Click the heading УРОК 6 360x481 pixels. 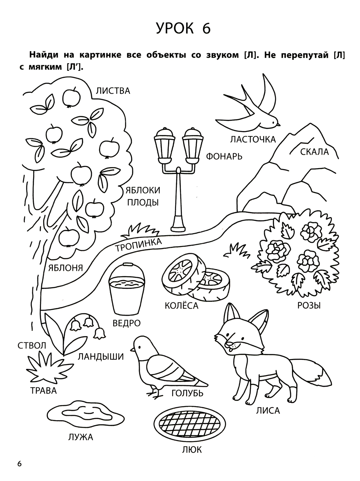pyautogui.click(x=183, y=28)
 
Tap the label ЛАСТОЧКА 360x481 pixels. pyautogui.click(x=253, y=140)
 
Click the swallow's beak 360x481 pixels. pyautogui.click(x=279, y=125)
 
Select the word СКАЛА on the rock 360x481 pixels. pyautogui.click(x=314, y=152)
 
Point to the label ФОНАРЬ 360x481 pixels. pyautogui.click(x=224, y=157)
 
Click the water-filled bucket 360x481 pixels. pyautogui.click(x=127, y=289)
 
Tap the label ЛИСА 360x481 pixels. pyautogui.click(x=268, y=411)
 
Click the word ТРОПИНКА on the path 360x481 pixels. pyautogui.click(x=139, y=245)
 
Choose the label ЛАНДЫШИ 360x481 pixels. pyautogui.click(x=101, y=357)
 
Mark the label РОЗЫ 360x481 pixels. pyautogui.click(x=309, y=305)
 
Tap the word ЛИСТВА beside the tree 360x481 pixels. pyautogui.click(x=113, y=91)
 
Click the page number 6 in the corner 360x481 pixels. pyautogui.click(x=19, y=464)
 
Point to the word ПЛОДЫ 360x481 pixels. pyautogui.click(x=143, y=202)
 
